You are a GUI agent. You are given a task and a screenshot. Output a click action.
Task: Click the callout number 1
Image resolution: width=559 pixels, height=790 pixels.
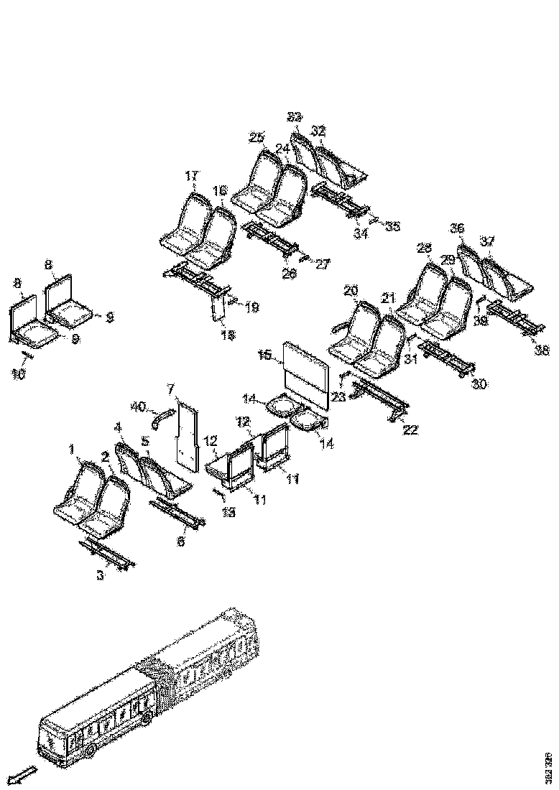[72, 450]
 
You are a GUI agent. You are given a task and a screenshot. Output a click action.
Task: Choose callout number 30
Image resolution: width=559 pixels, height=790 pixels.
[479, 384]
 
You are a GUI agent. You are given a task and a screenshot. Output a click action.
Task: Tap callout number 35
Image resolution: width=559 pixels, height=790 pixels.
[392, 226]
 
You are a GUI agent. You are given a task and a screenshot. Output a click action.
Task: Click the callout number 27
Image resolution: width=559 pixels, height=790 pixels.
[323, 264]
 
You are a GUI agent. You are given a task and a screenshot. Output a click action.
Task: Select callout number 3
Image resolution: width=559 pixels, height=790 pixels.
[101, 575]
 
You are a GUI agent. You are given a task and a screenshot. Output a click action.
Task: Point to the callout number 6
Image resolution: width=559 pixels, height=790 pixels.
[181, 541]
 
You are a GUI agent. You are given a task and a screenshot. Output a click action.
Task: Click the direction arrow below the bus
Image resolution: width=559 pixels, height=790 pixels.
[24, 776]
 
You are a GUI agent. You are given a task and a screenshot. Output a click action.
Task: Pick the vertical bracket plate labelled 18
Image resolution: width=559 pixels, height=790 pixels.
[216, 312]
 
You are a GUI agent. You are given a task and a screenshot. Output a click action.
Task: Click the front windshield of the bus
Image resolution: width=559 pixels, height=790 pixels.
[51, 740]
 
